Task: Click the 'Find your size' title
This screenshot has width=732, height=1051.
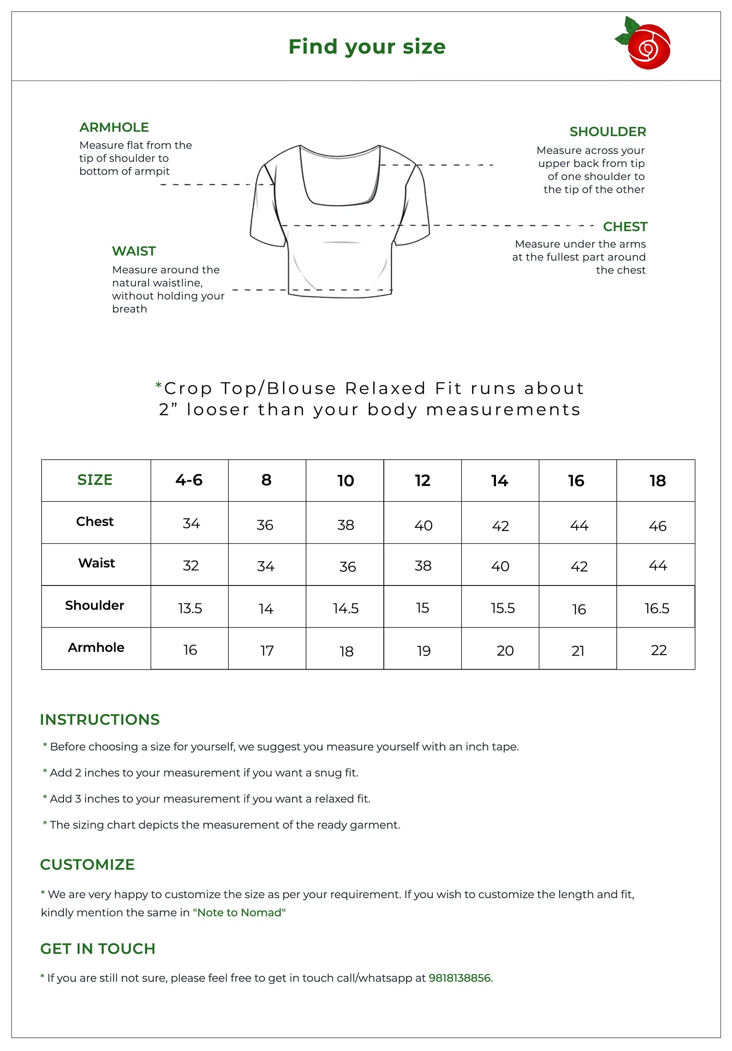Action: tap(367, 47)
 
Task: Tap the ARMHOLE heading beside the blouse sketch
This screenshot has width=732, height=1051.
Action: tap(114, 127)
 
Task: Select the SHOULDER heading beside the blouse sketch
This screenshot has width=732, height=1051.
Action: tap(608, 132)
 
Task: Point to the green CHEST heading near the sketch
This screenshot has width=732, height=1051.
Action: tap(625, 227)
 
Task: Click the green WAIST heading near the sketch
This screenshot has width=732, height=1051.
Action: tap(134, 251)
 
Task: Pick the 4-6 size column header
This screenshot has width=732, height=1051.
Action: tap(189, 480)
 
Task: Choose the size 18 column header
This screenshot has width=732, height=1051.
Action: tap(657, 481)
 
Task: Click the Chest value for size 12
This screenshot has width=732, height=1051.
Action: tap(423, 525)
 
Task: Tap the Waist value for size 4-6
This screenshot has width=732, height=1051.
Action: tap(191, 566)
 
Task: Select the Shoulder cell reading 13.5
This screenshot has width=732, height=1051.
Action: tap(190, 608)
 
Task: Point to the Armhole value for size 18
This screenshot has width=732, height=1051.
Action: tap(659, 650)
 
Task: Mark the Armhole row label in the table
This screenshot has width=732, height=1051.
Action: tap(96, 647)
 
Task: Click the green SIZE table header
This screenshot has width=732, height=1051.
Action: tap(95, 480)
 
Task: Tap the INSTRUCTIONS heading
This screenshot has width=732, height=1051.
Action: tap(100, 720)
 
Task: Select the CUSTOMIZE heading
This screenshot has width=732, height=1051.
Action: tap(87, 864)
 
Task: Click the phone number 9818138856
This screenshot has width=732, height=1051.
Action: tap(460, 978)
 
